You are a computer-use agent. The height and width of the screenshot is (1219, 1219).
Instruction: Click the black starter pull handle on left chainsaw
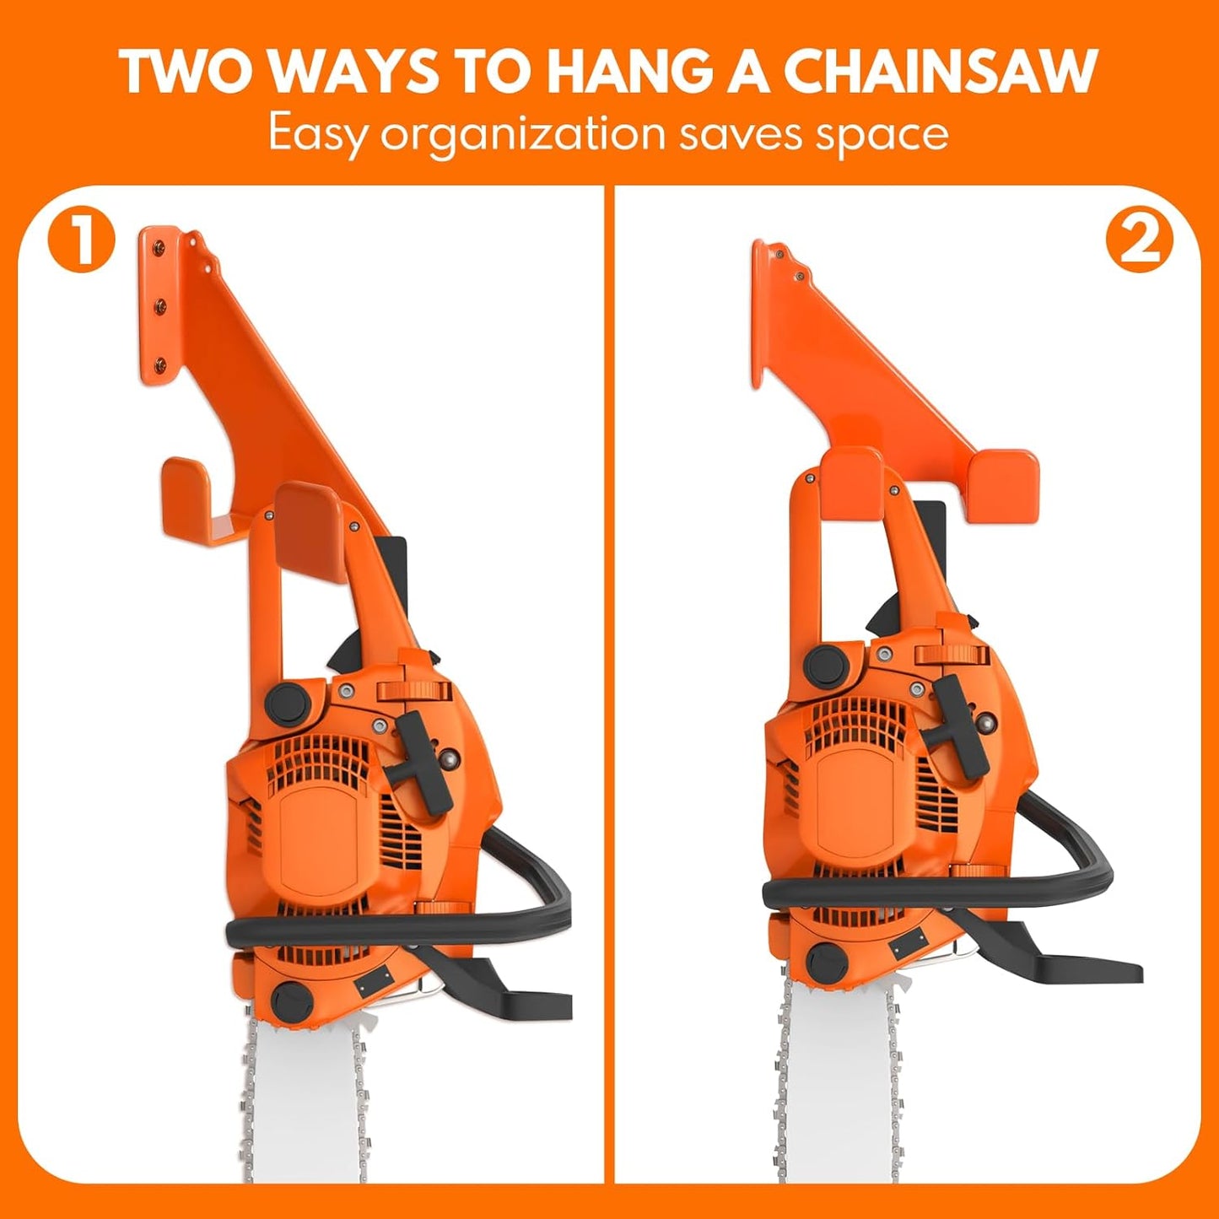click(423, 759)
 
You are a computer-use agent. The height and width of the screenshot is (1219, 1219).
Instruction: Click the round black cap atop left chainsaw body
click(289, 702)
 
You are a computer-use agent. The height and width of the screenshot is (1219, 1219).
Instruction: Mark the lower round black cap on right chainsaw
click(824, 961)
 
